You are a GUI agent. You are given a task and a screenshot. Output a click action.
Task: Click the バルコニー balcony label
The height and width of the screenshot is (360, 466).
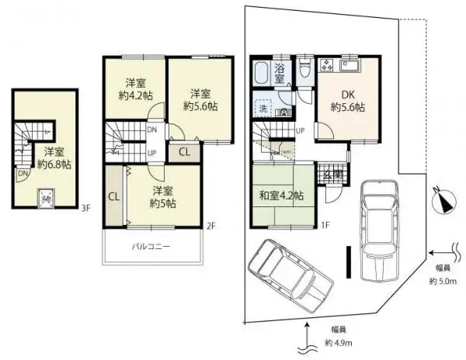(151, 247)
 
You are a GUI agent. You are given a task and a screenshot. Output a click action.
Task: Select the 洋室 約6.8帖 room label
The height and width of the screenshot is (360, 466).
(54, 157)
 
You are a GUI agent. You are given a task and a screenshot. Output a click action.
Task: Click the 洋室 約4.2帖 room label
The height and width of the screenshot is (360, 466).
(137, 91)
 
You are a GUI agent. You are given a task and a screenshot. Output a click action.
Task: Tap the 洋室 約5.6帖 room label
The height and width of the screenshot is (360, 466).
(200, 99)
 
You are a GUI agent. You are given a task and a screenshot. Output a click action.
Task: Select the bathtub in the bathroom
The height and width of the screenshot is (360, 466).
(261, 75)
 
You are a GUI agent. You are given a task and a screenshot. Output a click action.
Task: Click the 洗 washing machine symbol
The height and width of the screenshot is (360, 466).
(263, 109)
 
